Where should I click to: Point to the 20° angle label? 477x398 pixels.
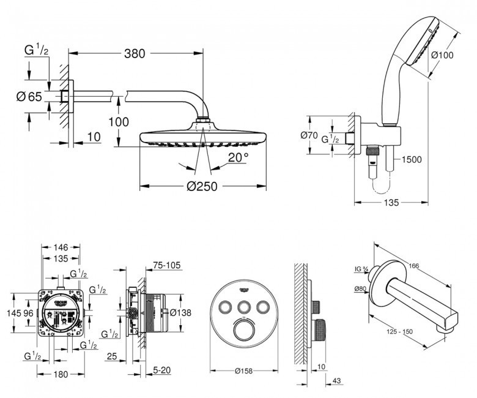(x=237, y=157)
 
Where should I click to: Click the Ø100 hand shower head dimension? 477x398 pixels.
(x=443, y=54)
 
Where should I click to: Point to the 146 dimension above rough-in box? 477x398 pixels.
(x=60, y=247)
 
